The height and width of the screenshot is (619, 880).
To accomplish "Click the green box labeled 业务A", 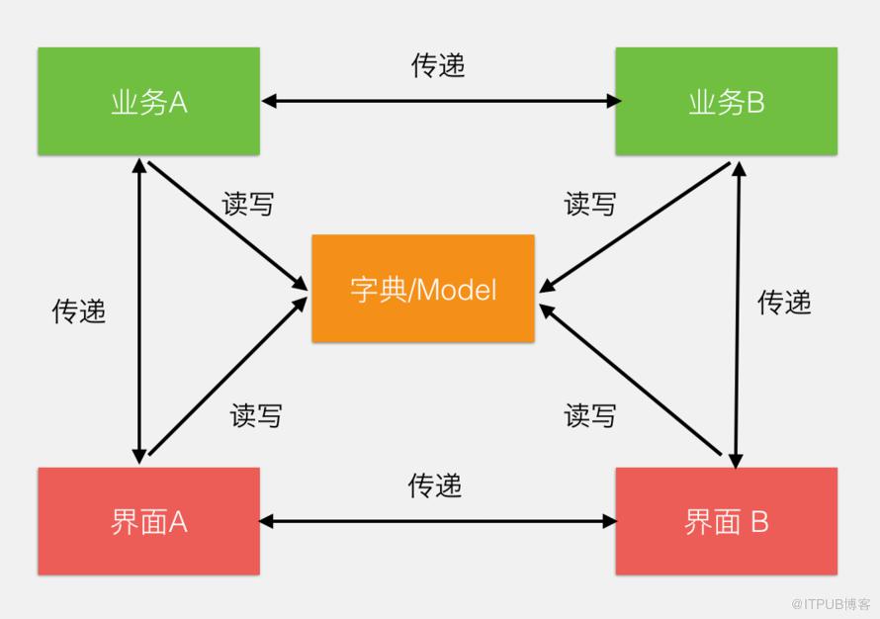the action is point(148,101).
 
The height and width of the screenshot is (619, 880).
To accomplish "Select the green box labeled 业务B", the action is point(726,101).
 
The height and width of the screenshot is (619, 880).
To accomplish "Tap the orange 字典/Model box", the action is point(423,289).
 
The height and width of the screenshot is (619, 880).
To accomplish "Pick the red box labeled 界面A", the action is point(148,521).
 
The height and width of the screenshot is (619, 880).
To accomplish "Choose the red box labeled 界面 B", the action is point(726,521).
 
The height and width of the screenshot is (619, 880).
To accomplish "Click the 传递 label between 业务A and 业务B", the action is point(438,65).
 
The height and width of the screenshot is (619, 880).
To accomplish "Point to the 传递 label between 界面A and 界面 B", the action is point(435,485).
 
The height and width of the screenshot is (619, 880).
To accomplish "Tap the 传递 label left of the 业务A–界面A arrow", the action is point(78,310).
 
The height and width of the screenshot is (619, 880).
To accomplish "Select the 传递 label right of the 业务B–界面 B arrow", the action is point(784,302).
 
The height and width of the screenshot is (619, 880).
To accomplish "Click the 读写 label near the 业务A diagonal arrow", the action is point(248,204).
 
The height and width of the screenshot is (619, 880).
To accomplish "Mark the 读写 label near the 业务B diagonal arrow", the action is point(590,204).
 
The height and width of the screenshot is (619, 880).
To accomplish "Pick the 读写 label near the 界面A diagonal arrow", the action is point(256,416).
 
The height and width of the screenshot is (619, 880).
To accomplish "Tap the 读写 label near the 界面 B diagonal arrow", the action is point(590,416).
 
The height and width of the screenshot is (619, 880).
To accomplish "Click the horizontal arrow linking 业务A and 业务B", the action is point(441,101).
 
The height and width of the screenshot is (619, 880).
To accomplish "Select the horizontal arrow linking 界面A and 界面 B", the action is point(438,521).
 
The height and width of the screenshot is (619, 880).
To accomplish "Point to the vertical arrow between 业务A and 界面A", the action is point(139,310).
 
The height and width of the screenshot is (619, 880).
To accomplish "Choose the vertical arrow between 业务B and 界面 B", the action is point(738,314).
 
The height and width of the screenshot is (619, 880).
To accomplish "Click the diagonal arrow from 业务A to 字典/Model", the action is point(227,225).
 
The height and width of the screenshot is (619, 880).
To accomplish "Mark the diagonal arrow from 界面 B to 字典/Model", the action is point(630,380).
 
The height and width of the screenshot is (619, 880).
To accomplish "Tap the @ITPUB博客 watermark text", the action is point(831,604).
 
